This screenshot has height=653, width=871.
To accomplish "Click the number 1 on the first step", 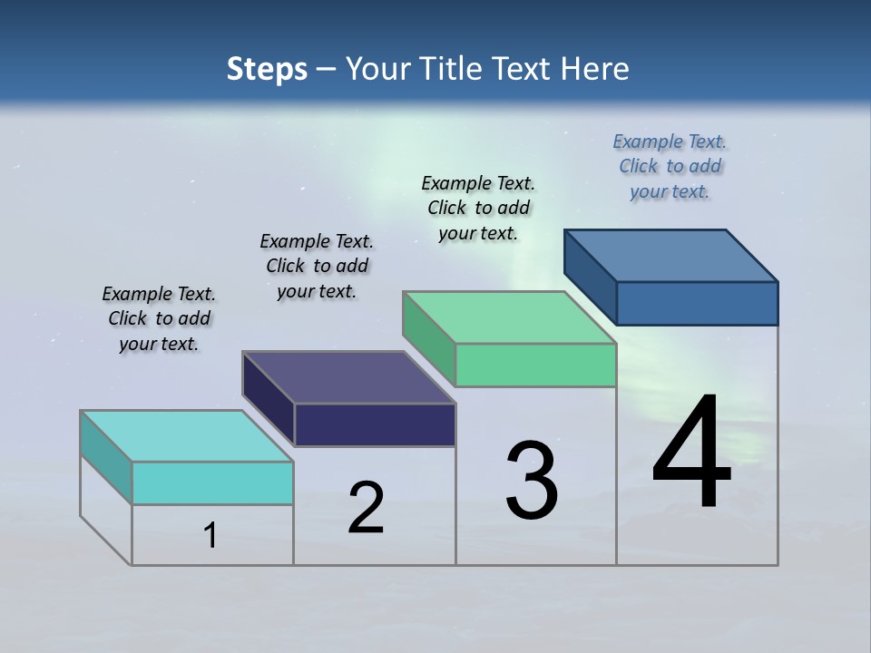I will (210, 536).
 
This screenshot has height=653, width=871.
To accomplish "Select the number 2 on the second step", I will (366, 508).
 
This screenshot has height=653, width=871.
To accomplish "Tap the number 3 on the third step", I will (532, 482).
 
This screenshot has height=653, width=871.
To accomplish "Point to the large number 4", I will (691, 453).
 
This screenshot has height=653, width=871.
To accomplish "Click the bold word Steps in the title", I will (267, 69).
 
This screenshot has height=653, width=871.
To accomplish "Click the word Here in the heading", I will (595, 69).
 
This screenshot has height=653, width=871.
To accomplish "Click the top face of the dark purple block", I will (348, 377).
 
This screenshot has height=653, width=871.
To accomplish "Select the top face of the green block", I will (510, 317).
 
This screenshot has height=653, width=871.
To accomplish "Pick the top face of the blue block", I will (671, 256).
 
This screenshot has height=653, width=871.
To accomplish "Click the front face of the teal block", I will (212, 482).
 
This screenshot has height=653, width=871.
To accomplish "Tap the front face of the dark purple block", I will (375, 424).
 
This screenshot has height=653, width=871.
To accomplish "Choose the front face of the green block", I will (535, 365).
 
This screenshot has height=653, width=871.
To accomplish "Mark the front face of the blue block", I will (697, 303).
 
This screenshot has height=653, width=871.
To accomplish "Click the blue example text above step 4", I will (670, 167).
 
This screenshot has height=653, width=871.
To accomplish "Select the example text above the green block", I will (478, 208).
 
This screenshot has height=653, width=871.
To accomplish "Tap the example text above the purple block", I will (317, 266).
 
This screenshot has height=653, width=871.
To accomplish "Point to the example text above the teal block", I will (159, 318).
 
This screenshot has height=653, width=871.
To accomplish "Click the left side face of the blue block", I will (591, 277).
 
